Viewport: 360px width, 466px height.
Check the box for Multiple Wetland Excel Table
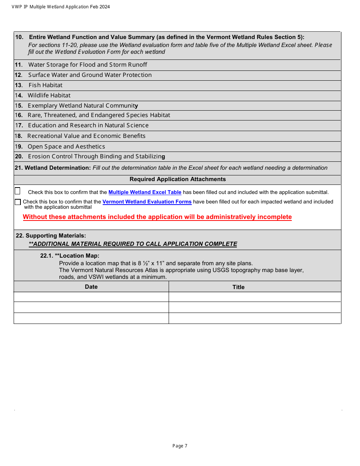tap(17, 191)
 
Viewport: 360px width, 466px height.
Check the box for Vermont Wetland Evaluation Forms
tap(18, 202)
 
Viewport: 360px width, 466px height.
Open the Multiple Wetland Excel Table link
tap(145, 192)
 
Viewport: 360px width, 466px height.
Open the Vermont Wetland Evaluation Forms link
tap(147, 202)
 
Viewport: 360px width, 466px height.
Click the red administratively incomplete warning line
tap(157, 217)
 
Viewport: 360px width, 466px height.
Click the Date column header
tap(91, 287)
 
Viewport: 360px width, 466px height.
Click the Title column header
tap(238, 287)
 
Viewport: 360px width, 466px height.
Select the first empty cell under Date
tap(91, 297)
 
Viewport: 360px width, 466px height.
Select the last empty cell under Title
tap(255, 318)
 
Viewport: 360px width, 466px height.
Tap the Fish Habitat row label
tap(45, 85)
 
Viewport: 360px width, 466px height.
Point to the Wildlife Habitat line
tap(49, 95)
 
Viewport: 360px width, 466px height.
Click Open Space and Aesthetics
tap(66, 147)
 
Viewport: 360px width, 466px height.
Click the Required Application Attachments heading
tap(177, 179)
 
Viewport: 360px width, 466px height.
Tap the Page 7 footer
tap(180, 446)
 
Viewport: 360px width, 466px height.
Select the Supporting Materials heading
tap(51, 236)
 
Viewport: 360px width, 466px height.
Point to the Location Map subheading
tap(70, 256)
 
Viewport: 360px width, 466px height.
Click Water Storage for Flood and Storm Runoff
tap(88, 65)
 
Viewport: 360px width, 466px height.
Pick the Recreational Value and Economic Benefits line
tap(86, 136)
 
